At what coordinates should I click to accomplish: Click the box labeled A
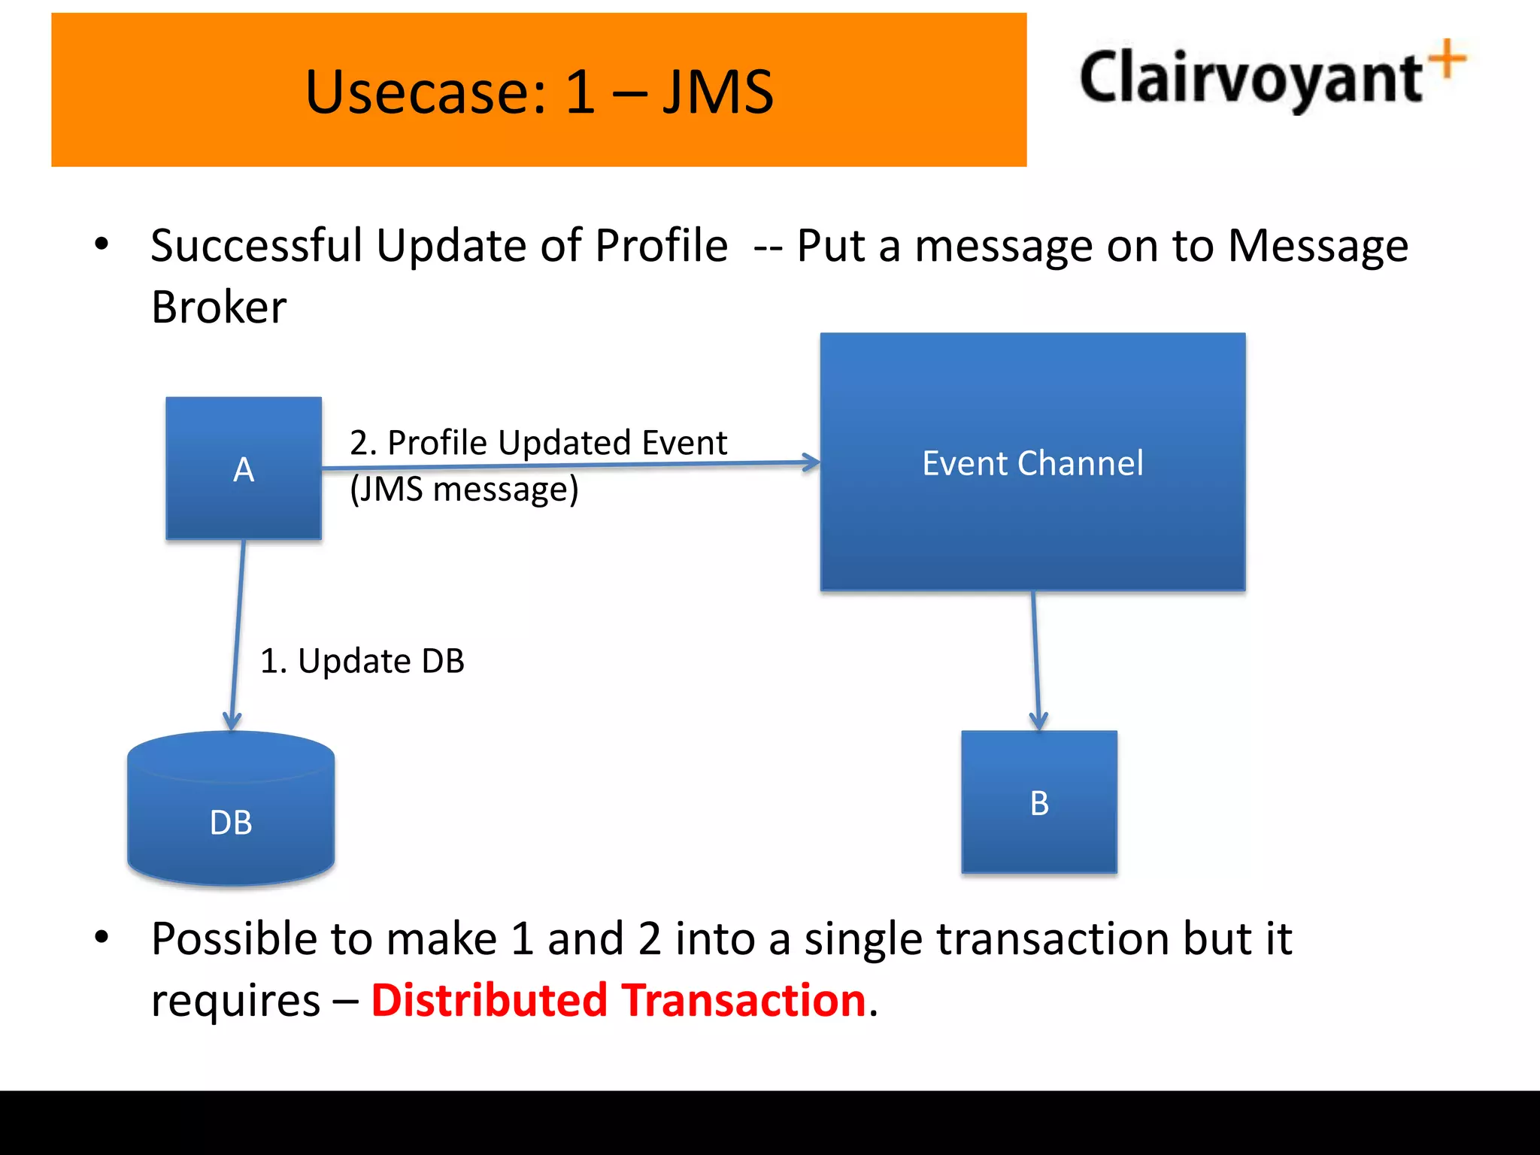[x=244, y=468]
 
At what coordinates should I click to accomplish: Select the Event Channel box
[x=1032, y=462]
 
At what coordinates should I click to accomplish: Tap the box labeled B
[x=1038, y=802]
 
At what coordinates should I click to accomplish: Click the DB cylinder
[x=231, y=812]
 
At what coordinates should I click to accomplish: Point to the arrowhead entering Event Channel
[x=812, y=462]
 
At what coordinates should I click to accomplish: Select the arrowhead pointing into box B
[x=1038, y=722]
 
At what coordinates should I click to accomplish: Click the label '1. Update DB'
[x=362, y=661]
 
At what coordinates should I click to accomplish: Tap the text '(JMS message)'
[x=464, y=489]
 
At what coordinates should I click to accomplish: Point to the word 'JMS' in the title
[x=717, y=92]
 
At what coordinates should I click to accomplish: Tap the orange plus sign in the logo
[x=1448, y=59]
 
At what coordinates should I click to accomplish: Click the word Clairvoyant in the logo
[x=1250, y=77]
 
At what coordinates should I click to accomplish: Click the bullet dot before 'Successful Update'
[x=102, y=244]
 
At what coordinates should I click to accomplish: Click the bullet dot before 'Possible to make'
[x=102, y=937]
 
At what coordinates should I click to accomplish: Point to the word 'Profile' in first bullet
[x=661, y=245]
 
